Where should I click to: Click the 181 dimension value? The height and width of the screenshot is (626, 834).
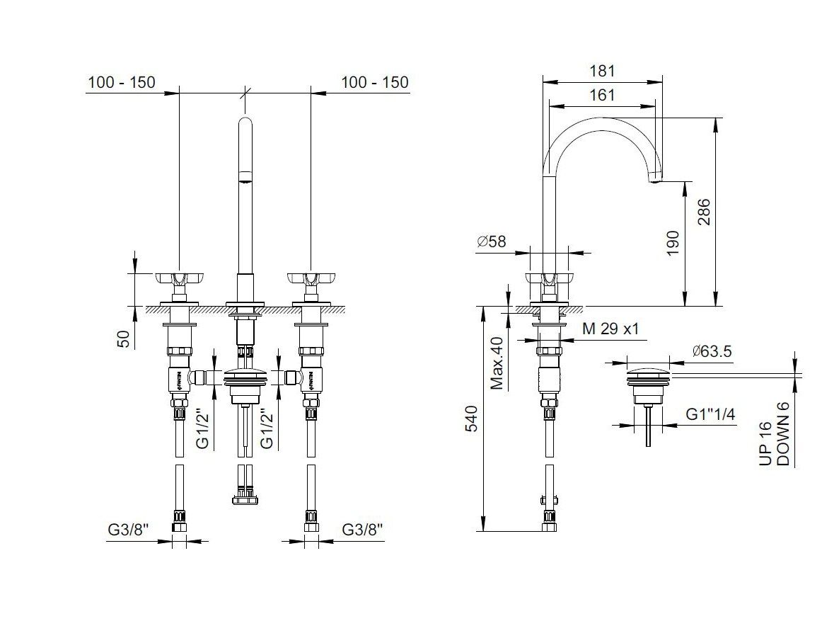click(602, 71)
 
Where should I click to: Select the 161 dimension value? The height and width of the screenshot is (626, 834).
click(602, 96)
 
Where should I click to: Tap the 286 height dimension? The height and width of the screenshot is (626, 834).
click(703, 211)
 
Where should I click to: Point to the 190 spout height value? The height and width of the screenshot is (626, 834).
click(672, 243)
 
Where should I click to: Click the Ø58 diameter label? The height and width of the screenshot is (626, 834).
click(492, 241)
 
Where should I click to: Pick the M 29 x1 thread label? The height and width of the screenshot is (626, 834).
click(610, 329)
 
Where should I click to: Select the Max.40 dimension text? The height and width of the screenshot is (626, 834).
click(497, 363)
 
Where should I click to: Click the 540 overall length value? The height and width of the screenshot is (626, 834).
click(473, 419)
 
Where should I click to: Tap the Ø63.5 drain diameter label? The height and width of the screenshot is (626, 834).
click(712, 351)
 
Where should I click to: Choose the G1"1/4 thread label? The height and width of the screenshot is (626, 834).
click(711, 414)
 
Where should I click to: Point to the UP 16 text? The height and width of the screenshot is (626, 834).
click(765, 444)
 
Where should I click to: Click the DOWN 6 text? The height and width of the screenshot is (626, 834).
click(783, 434)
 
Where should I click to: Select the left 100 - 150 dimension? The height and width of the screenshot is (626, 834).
click(122, 83)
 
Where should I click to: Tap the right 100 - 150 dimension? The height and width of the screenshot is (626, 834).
click(375, 83)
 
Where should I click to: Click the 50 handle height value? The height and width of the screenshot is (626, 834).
click(123, 339)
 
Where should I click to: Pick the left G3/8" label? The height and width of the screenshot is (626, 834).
click(129, 530)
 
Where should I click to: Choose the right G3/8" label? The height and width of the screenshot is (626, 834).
click(362, 530)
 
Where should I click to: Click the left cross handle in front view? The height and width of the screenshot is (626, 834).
click(179, 278)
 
